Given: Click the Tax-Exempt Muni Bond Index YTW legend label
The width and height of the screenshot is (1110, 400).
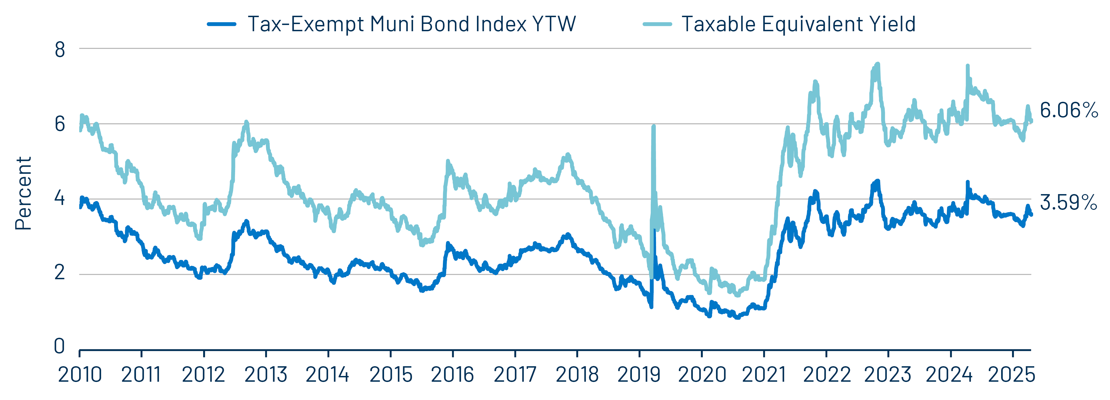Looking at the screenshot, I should [412, 24].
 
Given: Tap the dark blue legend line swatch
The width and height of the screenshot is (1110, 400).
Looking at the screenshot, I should [221, 24].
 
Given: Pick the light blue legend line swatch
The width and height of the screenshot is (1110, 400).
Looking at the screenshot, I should [657, 24].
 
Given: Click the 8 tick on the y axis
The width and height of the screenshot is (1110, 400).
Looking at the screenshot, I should [60, 50].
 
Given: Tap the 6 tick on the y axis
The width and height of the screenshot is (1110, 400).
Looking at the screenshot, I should [60, 124].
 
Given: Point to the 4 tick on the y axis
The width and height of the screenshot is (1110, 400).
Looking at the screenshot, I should [60, 199].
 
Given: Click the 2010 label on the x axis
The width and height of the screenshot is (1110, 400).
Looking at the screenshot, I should [80, 375].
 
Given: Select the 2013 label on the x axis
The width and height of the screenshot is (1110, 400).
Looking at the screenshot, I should [266, 375].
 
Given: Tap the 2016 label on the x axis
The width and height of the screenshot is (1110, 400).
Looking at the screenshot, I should [452, 375].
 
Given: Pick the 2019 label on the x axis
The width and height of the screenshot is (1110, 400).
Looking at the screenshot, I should [639, 375].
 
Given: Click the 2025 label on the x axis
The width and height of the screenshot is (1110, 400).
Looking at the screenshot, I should [1011, 375].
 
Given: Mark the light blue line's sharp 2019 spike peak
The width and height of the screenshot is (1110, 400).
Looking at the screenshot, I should [654, 127].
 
